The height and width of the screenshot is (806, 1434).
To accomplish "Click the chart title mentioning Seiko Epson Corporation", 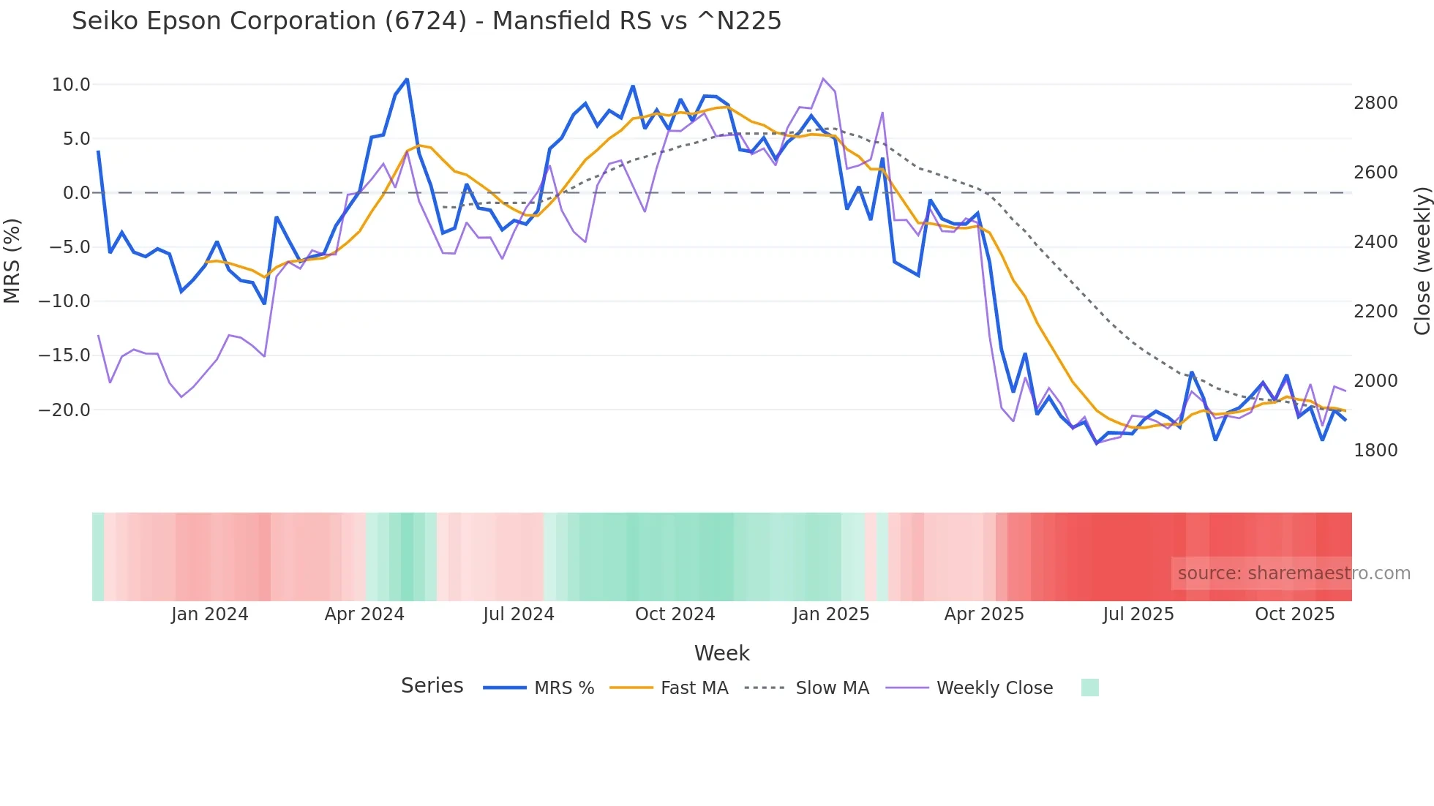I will (427, 21).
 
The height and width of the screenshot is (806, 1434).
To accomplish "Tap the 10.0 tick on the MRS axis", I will (71, 85).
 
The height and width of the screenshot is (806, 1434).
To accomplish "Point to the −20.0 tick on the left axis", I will (64, 410).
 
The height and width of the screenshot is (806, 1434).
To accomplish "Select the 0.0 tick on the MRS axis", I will (76, 193).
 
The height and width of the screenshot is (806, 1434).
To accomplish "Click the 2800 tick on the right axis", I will (1375, 103).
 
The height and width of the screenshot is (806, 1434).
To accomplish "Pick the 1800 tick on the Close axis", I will (1375, 451).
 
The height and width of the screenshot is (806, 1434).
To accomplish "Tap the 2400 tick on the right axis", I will (1375, 242).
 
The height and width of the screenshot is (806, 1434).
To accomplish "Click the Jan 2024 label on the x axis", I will (210, 614).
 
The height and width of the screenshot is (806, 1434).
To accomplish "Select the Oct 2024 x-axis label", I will (675, 614).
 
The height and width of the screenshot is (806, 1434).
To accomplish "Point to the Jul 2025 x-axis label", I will (1138, 614).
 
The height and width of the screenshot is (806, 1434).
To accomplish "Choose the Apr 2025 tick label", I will (984, 614).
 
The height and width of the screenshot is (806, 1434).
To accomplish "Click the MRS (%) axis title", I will (12, 260).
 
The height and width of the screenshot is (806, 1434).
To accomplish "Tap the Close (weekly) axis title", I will (1422, 261).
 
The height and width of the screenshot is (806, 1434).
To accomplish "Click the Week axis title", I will (721, 653).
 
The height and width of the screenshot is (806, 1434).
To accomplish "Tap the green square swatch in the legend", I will (1089, 688).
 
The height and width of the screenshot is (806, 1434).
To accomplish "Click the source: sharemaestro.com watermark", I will (1294, 573).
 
